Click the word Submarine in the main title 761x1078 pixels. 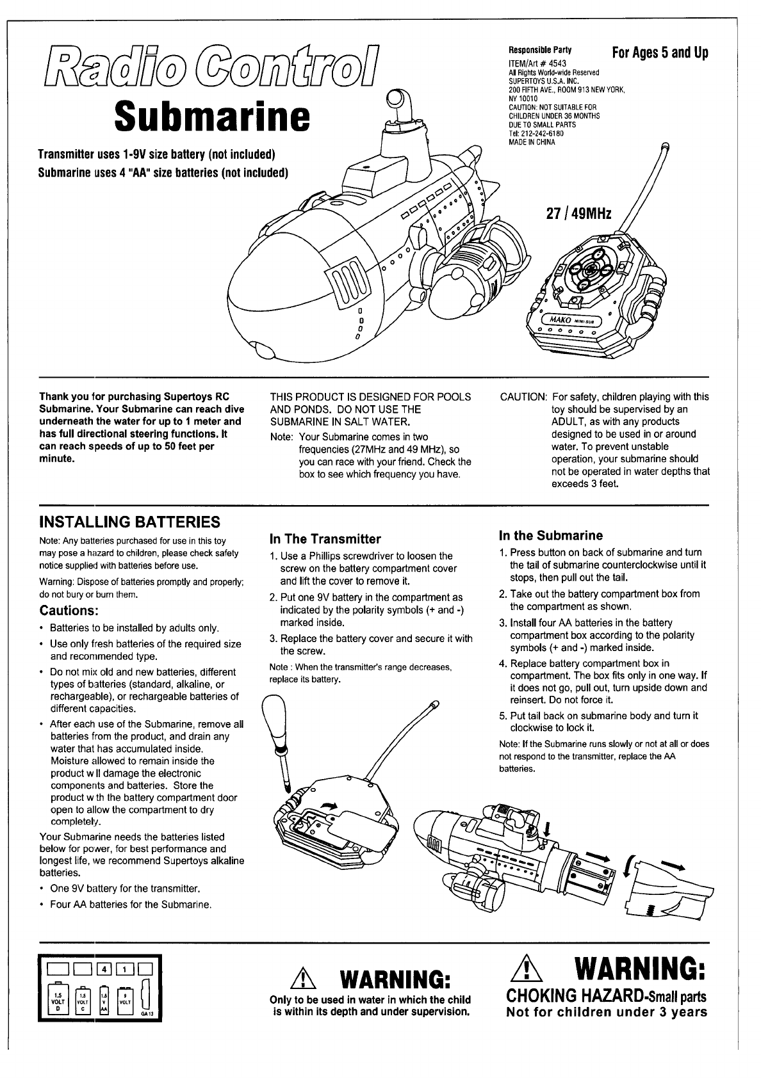click(211, 117)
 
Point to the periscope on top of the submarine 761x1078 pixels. click(395, 106)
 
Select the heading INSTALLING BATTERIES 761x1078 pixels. click(130, 521)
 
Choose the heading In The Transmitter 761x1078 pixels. click(325, 539)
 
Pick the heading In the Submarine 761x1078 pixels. click(551, 535)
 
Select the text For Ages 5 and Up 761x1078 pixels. click(660, 53)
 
